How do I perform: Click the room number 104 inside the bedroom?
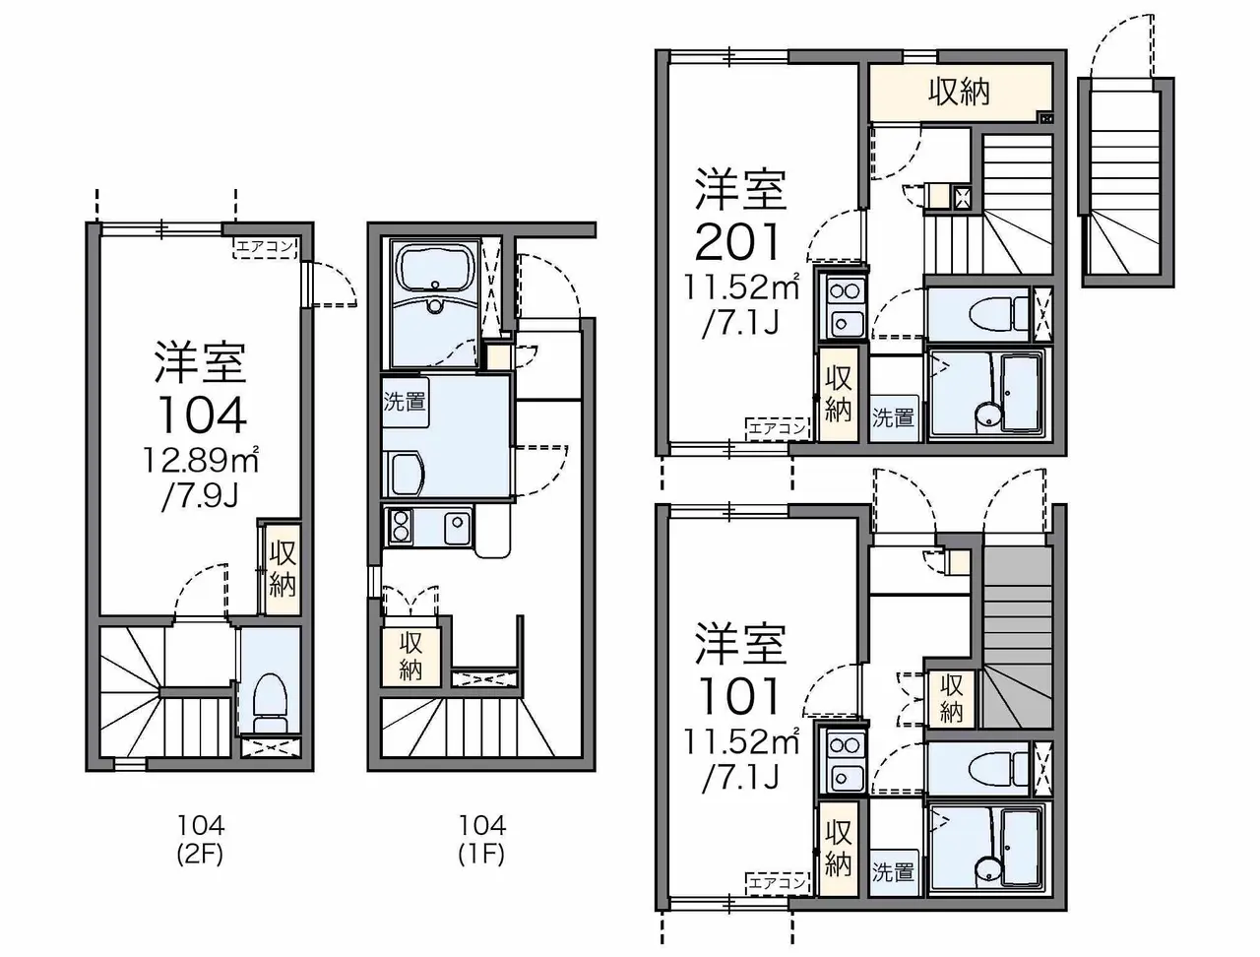tap(202, 415)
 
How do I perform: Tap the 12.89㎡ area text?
tap(200, 460)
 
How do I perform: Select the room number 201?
tap(739, 241)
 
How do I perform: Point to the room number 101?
tap(739, 696)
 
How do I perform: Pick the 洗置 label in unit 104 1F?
tap(405, 402)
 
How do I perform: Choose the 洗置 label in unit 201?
tap(893, 417)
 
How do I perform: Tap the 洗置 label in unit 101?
tap(893, 872)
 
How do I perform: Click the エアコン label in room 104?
tap(265, 248)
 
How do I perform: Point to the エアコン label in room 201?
tap(778, 427)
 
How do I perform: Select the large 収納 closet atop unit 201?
tap(960, 92)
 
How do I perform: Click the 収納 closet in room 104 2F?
tap(283, 568)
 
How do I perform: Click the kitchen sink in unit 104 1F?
tap(457, 524)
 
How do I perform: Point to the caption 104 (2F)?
tap(201, 840)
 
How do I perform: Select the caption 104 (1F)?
tap(481, 840)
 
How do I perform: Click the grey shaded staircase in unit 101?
tap(1017, 638)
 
